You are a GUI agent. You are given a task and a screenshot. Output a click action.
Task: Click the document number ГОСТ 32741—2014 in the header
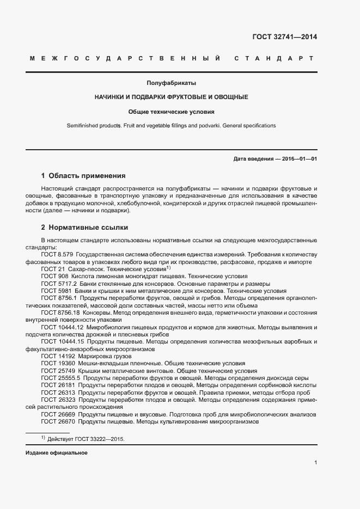(284, 38)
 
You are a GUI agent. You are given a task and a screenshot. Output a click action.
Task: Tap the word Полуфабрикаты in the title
(171, 83)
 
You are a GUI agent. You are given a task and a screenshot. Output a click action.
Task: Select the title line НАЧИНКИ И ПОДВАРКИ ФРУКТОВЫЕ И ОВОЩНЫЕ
(171, 97)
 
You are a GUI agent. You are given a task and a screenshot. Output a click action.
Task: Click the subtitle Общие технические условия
(171, 111)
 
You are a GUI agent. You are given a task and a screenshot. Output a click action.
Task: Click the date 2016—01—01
(299, 159)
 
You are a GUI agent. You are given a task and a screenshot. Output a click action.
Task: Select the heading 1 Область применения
(83, 176)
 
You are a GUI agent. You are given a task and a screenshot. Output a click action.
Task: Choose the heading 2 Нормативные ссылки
(84, 227)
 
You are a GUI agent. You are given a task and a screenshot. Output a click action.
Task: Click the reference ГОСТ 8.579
(57, 254)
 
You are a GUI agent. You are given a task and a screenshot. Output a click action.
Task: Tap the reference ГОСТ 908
(53, 277)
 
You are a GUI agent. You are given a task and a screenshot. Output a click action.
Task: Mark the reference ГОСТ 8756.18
(59, 313)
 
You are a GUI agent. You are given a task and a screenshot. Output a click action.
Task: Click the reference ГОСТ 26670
(57, 422)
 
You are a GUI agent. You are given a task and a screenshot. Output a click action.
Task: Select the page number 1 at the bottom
(316, 462)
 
